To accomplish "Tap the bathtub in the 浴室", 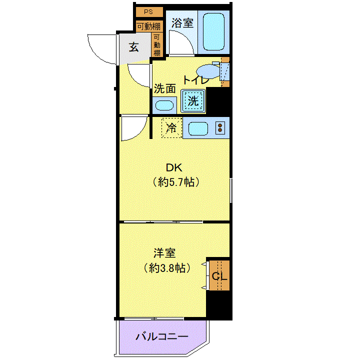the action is click(x=214, y=31).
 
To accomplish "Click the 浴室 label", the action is click(x=182, y=22).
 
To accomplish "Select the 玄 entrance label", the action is click(x=134, y=47).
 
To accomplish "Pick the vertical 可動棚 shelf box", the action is click(x=157, y=45).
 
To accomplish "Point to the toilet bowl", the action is click(x=208, y=71).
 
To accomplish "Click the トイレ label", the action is click(x=196, y=79).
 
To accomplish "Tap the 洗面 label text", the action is click(x=165, y=88).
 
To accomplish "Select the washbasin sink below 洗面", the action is click(x=164, y=105).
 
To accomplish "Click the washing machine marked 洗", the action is click(x=193, y=101).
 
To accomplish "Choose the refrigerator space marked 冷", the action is click(x=171, y=127).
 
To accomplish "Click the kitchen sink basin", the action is click(x=198, y=128).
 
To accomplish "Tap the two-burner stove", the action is click(x=220, y=128).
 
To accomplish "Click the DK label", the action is click(x=174, y=168).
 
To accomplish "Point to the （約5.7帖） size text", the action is click(x=176, y=182).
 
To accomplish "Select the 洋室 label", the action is click(x=164, y=253).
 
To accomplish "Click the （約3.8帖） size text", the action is click(x=167, y=267).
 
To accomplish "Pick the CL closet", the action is click(x=219, y=275).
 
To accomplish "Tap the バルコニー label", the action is click(x=162, y=337).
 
